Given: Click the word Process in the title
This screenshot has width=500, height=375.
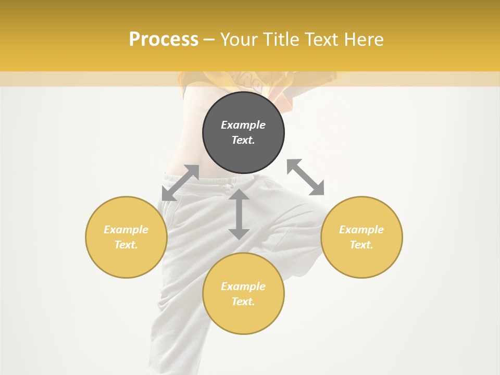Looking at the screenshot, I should [x=164, y=40].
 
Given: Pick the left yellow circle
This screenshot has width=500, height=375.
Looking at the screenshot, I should [x=126, y=260].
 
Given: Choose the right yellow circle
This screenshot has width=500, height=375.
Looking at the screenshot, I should [x=361, y=260].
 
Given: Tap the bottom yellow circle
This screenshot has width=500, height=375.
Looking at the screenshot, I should [x=243, y=318].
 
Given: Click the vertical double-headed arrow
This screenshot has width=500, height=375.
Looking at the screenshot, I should [x=239, y=214].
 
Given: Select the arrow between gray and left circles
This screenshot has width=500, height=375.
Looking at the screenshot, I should [x=180, y=183].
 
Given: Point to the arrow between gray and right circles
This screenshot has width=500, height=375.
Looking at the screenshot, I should [x=306, y=177].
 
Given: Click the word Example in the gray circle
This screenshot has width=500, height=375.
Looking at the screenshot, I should [x=243, y=125].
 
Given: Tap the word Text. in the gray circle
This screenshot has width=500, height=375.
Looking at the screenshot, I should [x=243, y=140].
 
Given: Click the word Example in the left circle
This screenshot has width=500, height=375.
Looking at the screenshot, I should [x=126, y=230].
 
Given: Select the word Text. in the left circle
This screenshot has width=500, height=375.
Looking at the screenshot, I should [x=126, y=245].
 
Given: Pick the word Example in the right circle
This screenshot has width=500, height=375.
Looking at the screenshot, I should [x=361, y=230].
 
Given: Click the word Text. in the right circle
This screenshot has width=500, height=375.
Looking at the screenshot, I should [x=361, y=245].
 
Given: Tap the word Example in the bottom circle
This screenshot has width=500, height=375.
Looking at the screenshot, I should [x=243, y=286].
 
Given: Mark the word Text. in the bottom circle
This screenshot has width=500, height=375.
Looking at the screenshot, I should [x=243, y=302].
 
